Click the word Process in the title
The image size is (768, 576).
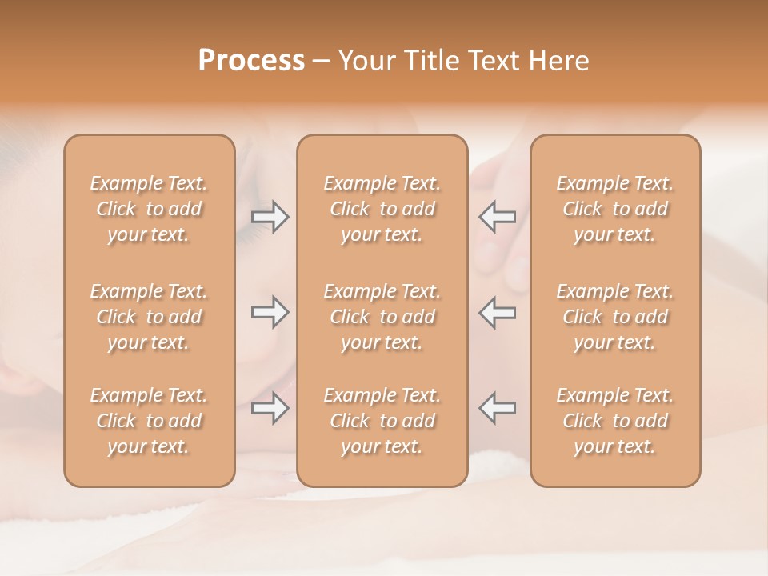pyautogui.click(x=251, y=61)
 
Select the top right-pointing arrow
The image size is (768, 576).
pyautogui.click(x=270, y=217)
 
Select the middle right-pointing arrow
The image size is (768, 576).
pyautogui.click(x=270, y=312)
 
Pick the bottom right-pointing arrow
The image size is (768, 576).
pyautogui.click(x=270, y=408)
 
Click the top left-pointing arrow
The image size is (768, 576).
pyautogui.click(x=497, y=216)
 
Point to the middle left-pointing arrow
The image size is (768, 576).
pyautogui.click(x=497, y=312)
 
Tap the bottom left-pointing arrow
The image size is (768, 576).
pyautogui.click(x=497, y=407)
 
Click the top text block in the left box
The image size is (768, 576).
pyautogui.click(x=149, y=209)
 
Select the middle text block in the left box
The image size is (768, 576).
pyautogui.click(x=149, y=317)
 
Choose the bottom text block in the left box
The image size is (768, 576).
pyautogui.click(x=149, y=421)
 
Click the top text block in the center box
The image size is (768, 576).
pyautogui.click(x=382, y=209)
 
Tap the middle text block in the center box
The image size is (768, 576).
pyautogui.click(x=382, y=317)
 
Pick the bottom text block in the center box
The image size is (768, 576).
pyautogui.click(x=382, y=421)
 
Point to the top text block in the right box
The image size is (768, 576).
pyautogui.click(x=615, y=209)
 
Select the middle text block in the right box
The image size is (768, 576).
pyautogui.click(x=615, y=317)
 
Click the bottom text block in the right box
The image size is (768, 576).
pyautogui.click(x=615, y=421)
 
